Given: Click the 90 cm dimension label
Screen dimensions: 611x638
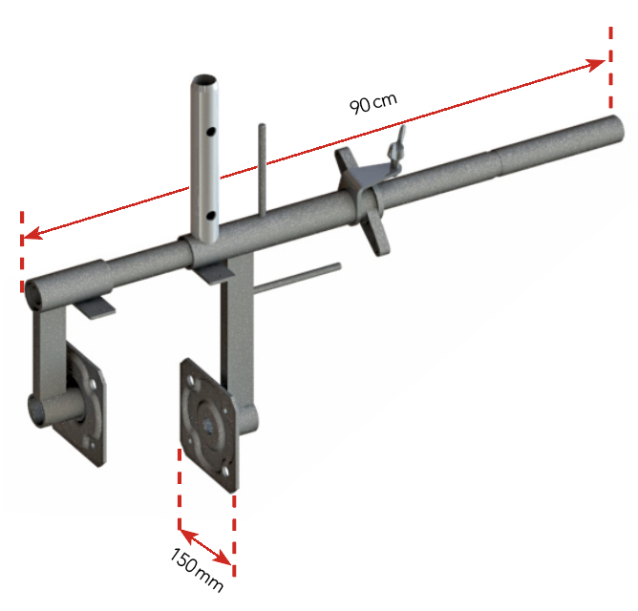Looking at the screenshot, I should pyautogui.click(x=373, y=101).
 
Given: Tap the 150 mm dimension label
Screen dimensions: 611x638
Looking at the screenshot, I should pyautogui.click(x=197, y=569).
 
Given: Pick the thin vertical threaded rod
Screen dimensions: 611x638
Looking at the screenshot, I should pyautogui.click(x=260, y=172).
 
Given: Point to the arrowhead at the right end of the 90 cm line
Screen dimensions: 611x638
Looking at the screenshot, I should pyautogui.click(x=598, y=63).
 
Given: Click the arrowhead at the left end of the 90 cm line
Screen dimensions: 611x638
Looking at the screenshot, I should pyautogui.click(x=31, y=234).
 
